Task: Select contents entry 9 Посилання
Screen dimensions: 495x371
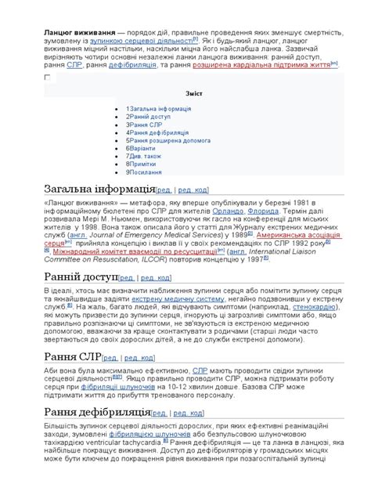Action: click(146, 172)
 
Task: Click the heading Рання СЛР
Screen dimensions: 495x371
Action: click(73, 358)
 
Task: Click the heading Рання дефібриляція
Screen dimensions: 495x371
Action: click(97, 413)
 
